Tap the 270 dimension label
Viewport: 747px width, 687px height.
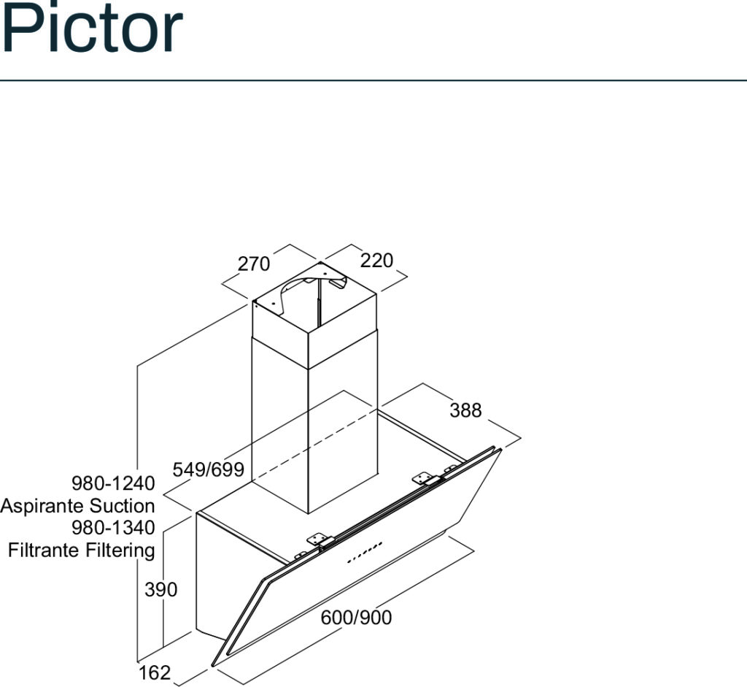pyautogui.click(x=254, y=264)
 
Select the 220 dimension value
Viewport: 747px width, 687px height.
pyautogui.click(x=377, y=261)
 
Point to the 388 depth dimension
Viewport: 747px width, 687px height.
pyautogui.click(x=466, y=410)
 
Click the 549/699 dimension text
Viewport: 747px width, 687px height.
pyautogui.click(x=208, y=469)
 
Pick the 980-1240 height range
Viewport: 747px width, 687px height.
pyautogui.click(x=113, y=483)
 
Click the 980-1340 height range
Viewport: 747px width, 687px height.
pyautogui.click(x=113, y=528)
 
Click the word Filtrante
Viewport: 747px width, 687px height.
pyautogui.click(x=44, y=550)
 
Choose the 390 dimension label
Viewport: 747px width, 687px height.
pyautogui.click(x=161, y=590)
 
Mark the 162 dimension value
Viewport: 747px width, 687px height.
pyautogui.click(x=155, y=672)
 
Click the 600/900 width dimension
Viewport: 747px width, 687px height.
pyautogui.click(x=356, y=618)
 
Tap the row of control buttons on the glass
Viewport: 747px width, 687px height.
pyautogui.click(x=365, y=552)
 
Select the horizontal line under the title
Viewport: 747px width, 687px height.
pyautogui.click(x=373, y=80)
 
